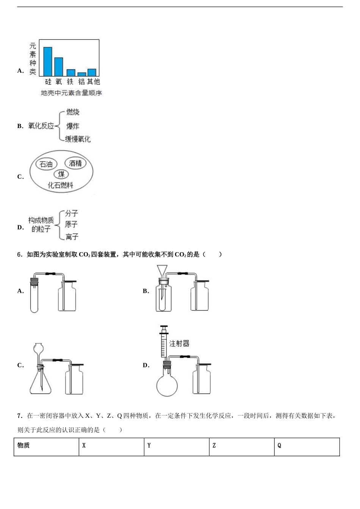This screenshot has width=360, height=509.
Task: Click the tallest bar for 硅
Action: coord(48,62)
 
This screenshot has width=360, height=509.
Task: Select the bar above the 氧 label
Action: coord(59,67)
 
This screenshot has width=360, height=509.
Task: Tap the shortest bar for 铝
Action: coord(81,74)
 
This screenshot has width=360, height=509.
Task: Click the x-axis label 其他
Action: coord(93,82)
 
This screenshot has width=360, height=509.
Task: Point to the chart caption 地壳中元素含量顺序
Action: coord(71,93)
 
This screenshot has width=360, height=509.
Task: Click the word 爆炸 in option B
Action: coord(73,126)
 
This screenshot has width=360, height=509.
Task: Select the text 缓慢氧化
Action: coord(78,139)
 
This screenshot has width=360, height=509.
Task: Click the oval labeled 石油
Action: coord(46,164)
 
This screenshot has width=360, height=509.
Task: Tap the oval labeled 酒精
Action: coord(75,163)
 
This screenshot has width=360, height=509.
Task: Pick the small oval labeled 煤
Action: coord(61,174)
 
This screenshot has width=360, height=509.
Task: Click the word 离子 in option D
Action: coord(72,237)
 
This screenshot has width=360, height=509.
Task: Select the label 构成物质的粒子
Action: coord(41,225)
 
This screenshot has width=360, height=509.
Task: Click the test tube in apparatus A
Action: coord(34,297)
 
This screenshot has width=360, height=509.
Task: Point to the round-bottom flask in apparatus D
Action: coord(167,384)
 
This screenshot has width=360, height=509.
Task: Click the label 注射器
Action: coord(179,343)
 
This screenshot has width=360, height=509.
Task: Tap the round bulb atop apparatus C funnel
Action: coord(38,347)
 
